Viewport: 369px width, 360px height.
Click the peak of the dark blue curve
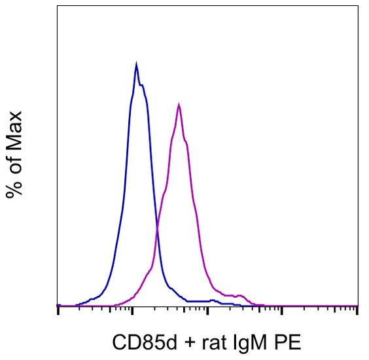point(136,64)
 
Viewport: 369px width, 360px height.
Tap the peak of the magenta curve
point(179,104)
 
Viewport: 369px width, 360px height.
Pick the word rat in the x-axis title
point(213,342)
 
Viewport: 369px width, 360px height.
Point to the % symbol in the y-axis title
point(14,187)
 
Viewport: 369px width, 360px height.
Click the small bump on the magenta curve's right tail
point(239,296)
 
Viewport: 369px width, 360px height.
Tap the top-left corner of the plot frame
point(58,6)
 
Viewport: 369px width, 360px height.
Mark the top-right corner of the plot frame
point(358,6)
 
